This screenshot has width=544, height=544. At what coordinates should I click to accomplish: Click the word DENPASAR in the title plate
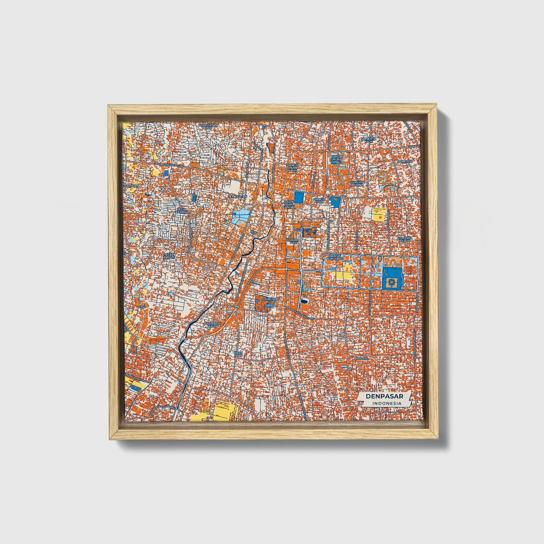[384, 396]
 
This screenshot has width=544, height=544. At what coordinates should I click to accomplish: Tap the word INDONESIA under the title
[387, 403]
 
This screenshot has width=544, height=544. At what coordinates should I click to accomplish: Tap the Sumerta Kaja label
[369, 140]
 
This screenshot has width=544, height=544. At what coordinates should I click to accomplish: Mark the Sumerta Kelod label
[405, 239]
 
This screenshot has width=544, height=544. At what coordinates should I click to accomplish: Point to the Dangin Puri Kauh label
[292, 167]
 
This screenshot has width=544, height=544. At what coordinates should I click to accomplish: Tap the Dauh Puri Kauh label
[212, 324]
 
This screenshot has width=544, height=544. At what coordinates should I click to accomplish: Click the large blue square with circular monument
[392, 279]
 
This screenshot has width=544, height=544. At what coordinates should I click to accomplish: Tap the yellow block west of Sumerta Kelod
[379, 214]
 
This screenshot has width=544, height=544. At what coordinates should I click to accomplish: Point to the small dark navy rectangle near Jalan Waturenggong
[304, 302]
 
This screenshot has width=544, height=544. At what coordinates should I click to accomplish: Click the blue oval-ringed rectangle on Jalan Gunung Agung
[166, 172]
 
